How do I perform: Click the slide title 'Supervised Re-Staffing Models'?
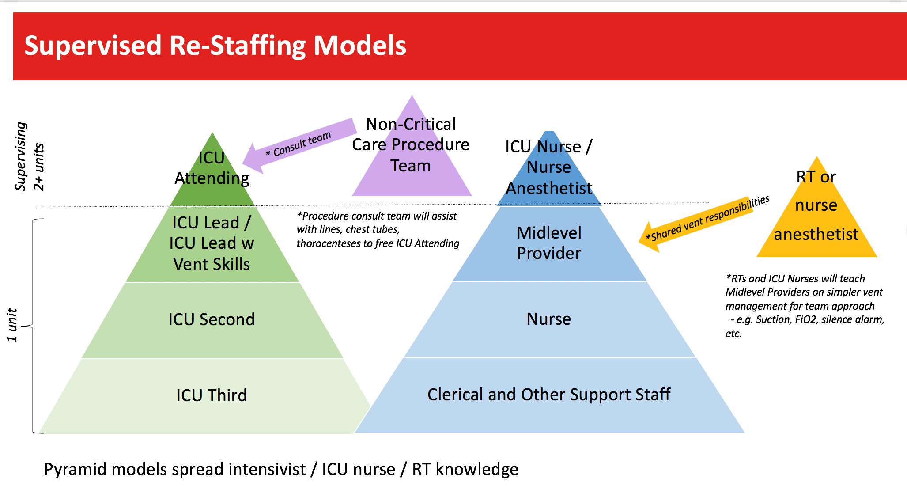[215, 46]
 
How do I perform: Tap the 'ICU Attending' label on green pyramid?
[212, 168]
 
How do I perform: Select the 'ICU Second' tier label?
[212, 319]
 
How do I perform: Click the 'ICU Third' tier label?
[212, 395]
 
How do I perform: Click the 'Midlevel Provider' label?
[549, 243]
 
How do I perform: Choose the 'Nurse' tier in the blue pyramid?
[549, 319]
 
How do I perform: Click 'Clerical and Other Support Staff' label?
[549, 395]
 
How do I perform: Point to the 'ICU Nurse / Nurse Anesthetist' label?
[549, 167]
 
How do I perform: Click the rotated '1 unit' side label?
[12, 326]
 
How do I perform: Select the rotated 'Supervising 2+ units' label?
[29, 157]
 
